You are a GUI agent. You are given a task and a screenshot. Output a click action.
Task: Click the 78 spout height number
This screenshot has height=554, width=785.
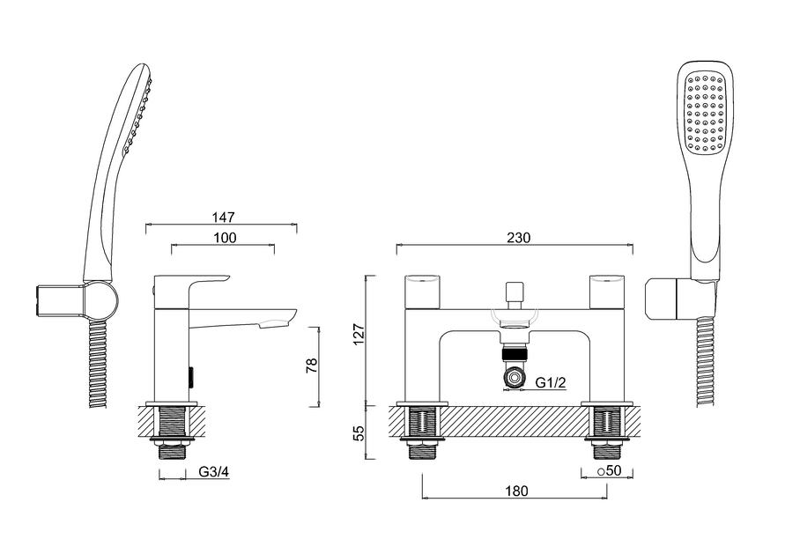310,366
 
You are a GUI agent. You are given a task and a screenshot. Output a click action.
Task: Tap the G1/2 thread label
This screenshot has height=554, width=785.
552,380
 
